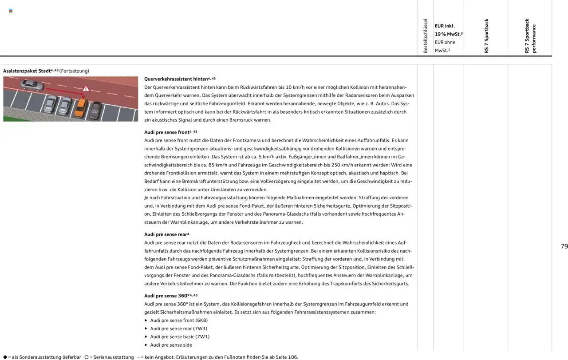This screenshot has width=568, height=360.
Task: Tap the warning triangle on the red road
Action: tap(86, 88)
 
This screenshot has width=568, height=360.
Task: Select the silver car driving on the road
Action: tap(32, 84)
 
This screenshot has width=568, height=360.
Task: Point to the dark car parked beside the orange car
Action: tap(95, 110)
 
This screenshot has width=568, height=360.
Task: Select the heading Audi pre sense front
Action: tap(167, 132)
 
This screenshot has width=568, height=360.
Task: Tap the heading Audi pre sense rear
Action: tap(165, 234)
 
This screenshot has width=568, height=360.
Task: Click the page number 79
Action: tap(564, 246)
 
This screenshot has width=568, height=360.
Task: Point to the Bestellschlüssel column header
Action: tap(425, 36)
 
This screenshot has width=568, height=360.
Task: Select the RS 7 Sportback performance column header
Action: tap(530, 36)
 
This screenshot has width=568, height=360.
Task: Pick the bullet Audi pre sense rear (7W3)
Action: tap(178, 328)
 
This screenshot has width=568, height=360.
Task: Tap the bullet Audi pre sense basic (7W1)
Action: tap(180, 336)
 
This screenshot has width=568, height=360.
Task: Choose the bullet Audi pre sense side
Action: tap(171, 345)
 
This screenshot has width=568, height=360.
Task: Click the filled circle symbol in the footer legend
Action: tap(5, 357)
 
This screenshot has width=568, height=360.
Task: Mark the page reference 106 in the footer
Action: tap(292, 357)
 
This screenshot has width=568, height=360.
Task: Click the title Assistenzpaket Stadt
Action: tap(27, 71)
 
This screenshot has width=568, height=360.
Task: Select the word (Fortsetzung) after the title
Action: tap(74, 71)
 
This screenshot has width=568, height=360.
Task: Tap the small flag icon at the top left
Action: tap(11, 11)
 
